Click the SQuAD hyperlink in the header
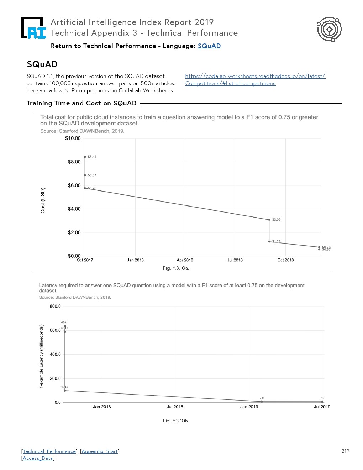[209, 46]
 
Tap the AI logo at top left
[33, 28]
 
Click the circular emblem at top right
[329, 29]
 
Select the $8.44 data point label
[92, 157]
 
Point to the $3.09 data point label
[276, 220]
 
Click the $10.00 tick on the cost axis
[73, 138]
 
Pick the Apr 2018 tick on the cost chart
[185, 260]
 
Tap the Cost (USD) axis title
[43, 200]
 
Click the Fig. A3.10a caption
[176, 268]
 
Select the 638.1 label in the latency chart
[65, 322]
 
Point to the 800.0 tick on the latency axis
[55, 306]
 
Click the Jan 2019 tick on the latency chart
[249, 407]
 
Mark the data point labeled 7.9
[262, 402]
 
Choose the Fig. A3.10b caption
[176, 421]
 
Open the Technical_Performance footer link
[49, 451]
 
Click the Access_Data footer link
[38, 458]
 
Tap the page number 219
[345, 451]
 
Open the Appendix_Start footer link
[100, 451]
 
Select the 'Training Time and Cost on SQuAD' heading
[81, 103]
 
